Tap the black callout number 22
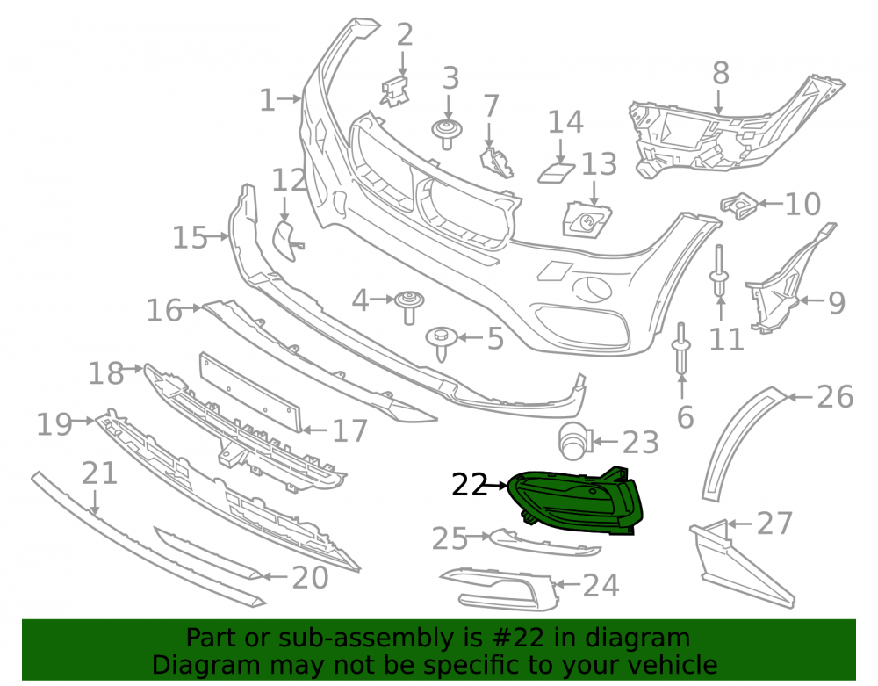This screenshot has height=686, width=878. (x=469, y=485)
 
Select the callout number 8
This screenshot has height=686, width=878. (x=721, y=74)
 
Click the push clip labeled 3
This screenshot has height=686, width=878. (x=446, y=134)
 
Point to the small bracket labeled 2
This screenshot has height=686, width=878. (x=395, y=90)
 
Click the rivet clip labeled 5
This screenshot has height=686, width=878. (x=442, y=343)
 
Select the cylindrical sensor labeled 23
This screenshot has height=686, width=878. (x=574, y=441)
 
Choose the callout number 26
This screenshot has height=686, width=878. (x=836, y=397)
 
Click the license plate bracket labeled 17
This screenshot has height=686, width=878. (x=251, y=393)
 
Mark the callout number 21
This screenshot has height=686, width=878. (x=99, y=473)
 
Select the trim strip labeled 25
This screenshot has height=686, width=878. (x=545, y=542)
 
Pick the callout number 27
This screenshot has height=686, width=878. (x=774, y=524)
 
